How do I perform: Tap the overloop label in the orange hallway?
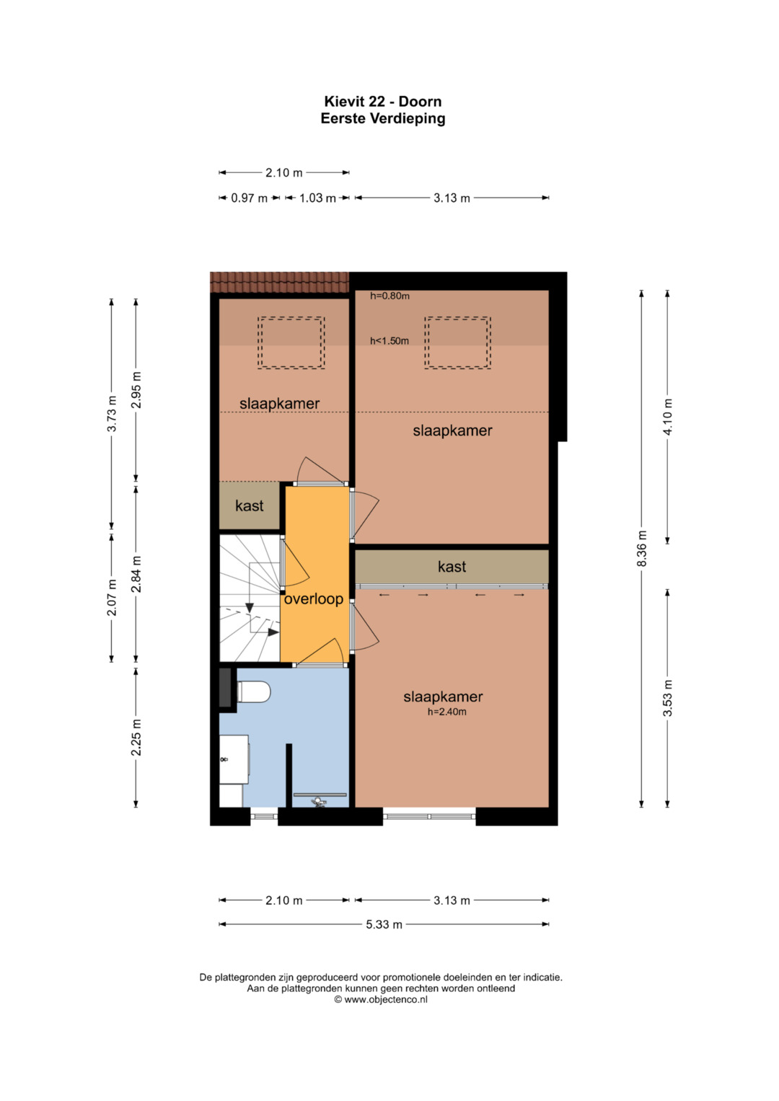tap(313, 599)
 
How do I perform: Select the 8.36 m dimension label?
tap(641, 549)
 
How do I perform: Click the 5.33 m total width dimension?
tap(384, 924)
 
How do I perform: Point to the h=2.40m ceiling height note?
tap(446, 712)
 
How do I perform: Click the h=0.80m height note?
tap(389, 296)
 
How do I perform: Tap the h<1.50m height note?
tap(389, 340)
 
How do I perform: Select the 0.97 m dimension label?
tap(250, 198)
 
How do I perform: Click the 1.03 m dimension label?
tap(317, 198)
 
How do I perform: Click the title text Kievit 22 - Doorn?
tap(382, 101)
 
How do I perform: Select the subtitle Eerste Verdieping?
tap(382, 118)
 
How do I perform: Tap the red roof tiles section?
tap(279, 282)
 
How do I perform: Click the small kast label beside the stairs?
tap(250, 505)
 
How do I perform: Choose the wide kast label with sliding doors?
tap(452, 567)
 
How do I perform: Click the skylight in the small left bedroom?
tap(291, 342)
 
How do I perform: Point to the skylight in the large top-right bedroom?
tap(458, 342)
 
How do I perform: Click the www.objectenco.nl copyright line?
tap(381, 999)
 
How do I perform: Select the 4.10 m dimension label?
tap(667, 416)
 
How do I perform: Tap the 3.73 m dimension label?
tap(112, 414)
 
